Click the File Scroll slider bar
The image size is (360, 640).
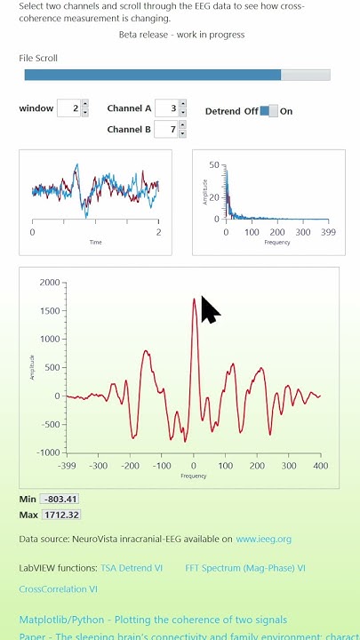(177, 76)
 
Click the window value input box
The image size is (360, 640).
(68, 108)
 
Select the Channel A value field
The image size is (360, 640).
(165, 108)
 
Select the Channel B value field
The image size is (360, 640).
(165, 130)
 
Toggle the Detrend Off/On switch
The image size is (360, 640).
(268, 111)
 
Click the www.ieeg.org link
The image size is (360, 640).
(263, 539)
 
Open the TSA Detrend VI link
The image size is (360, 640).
(132, 567)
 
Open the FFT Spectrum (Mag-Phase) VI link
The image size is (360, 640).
(245, 567)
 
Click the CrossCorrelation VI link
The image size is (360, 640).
(59, 588)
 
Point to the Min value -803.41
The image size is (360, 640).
(59, 500)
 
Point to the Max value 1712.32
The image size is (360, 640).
(60, 515)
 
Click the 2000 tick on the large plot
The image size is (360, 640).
(49, 283)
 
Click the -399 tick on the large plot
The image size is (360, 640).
(67, 465)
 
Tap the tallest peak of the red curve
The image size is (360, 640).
(194, 300)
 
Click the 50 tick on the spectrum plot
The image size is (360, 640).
(213, 164)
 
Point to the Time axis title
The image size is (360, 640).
(95, 242)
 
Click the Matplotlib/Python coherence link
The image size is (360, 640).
(153, 620)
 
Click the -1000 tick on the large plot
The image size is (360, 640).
(47, 452)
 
